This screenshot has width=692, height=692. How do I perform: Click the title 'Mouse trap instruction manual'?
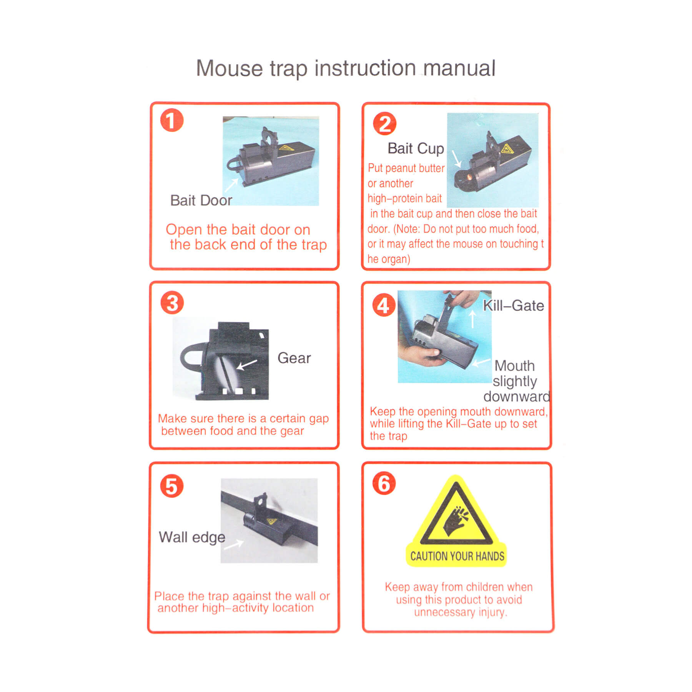tap(346, 68)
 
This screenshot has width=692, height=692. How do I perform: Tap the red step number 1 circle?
tap(171, 120)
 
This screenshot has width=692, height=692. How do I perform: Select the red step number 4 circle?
tap(384, 305)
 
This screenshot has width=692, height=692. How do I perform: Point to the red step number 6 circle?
tap(384, 483)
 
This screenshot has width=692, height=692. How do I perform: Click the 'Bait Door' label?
tap(201, 200)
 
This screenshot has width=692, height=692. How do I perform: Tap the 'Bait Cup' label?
tap(416, 148)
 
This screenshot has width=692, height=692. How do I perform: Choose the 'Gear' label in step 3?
tap(294, 358)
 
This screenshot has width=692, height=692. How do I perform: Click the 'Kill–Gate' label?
tap(513, 306)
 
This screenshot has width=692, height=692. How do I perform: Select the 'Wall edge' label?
tap(192, 537)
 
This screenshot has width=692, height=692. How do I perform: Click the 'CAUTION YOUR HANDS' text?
tap(457, 556)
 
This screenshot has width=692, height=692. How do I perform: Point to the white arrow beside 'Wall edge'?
tap(234, 544)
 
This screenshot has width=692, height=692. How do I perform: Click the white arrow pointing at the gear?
tap(247, 364)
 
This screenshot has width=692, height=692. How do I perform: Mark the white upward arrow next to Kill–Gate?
tap(472, 319)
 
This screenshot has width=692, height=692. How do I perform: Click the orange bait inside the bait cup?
tap(470, 177)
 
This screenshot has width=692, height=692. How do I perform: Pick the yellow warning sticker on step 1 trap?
tap(286, 148)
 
